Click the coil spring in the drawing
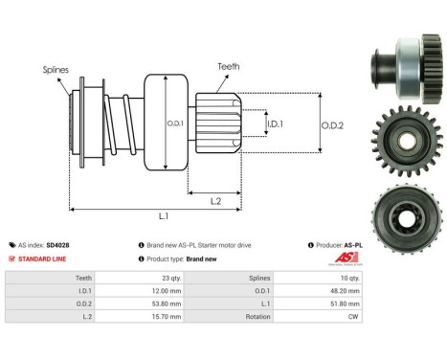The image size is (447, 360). coord(123,122)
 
